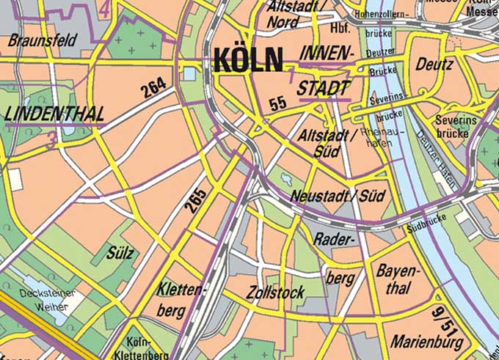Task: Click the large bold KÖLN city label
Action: pos(247,59)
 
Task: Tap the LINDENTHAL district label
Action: pos(54,114)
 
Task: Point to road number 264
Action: pos(155,89)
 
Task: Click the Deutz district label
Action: pos(434,65)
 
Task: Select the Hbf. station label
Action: pos(340,29)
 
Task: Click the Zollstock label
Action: pos(276,293)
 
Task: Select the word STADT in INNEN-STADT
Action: pos(324,88)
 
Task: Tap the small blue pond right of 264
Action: pos(190,73)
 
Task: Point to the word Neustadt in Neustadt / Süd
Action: pos(317,196)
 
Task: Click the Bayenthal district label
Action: pos(398,279)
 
